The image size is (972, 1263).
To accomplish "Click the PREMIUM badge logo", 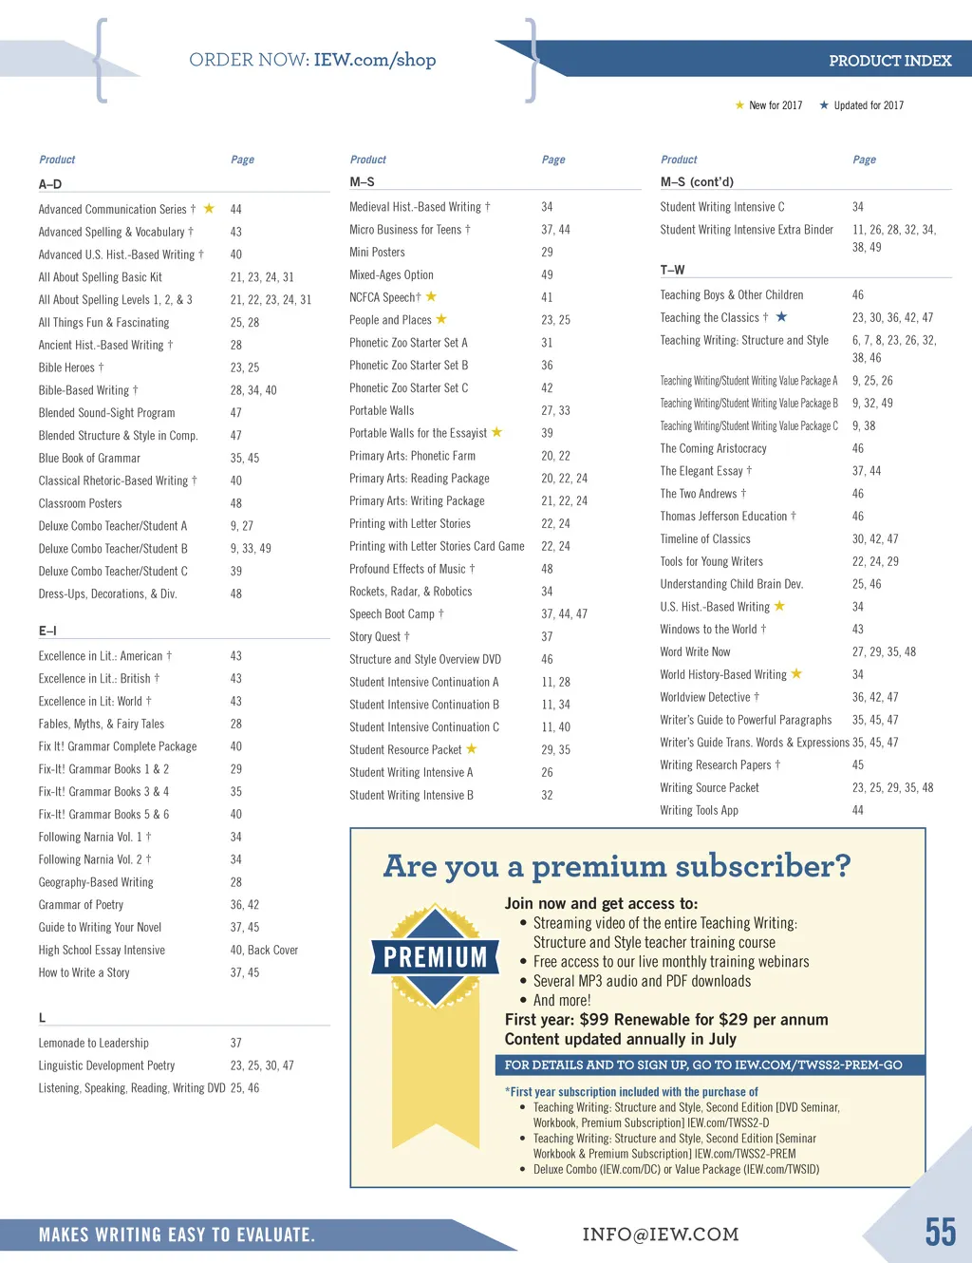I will tap(435, 956).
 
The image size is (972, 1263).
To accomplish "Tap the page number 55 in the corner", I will tap(940, 1233).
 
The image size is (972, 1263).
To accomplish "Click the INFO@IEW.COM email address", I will tap(661, 1235).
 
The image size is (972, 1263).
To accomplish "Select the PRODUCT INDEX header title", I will tap(889, 61).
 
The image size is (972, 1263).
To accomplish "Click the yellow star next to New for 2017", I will tap(740, 105).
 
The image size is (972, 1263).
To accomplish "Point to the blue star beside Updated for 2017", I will tap(824, 105).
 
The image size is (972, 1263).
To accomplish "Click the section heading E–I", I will tap(47, 631).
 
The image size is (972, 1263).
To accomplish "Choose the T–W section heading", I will tap(672, 270).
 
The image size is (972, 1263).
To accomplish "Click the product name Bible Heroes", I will tap(66, 368).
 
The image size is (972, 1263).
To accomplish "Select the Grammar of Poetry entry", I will tap(81, 905).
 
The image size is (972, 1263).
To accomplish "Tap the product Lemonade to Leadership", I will tap(93, 1043).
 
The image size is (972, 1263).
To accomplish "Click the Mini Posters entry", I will tap(377, 253).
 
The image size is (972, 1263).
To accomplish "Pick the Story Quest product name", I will tap(375, 637).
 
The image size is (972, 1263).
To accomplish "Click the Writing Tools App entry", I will tap(699, 811).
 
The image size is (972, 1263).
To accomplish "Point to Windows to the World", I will tap(708, 630).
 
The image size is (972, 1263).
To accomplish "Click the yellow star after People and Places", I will tap(441, 319).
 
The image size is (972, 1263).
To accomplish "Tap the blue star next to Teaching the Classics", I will tap(781, 317).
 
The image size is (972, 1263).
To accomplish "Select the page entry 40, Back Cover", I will tap(264, 951).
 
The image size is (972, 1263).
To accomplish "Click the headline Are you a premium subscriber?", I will tap(617, 866).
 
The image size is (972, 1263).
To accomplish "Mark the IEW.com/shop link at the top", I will tap(374, 60).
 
